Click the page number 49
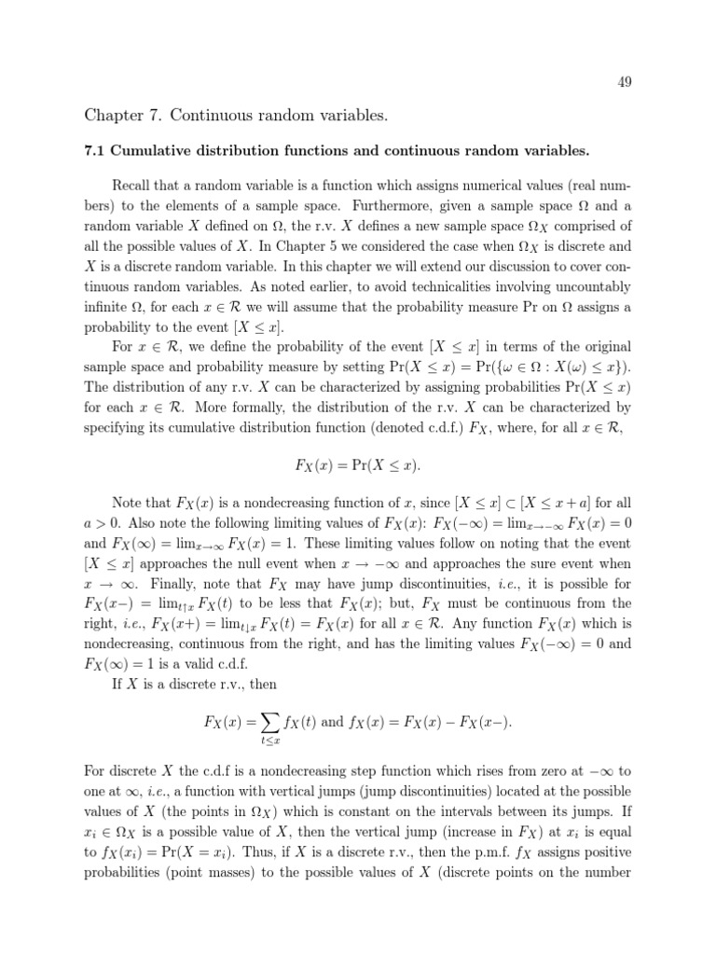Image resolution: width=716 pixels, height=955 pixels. tap(625, 82)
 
